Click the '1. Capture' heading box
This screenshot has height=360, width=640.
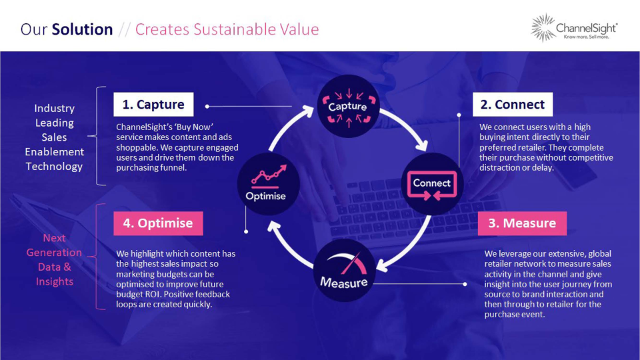[x=153, y=105]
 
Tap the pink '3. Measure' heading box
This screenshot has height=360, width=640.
[x=522, y=223]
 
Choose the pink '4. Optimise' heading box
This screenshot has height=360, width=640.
[x=158, y=223]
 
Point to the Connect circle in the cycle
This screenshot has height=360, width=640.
[x=431, y=183]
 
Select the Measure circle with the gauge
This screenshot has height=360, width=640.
[x=344, y=271]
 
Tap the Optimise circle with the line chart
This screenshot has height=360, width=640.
[x=266, y=184]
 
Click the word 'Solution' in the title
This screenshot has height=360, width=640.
[x=82, y=29]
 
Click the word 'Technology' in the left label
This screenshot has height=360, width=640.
[x=54, y=167]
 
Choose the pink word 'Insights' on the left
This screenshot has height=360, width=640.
[x=55, y=281]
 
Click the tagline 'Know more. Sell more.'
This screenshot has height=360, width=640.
[x=587, y=37]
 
